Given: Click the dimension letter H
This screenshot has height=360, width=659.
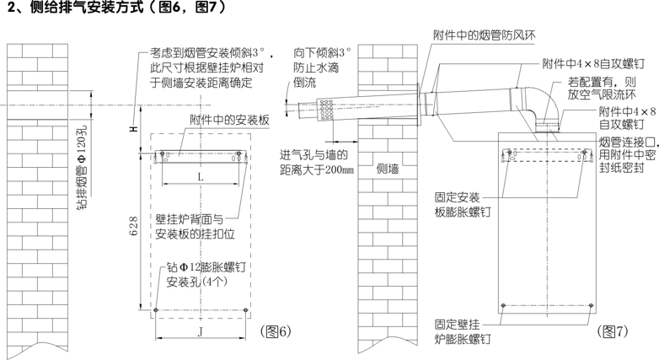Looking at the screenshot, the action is pyautogui.click(x=134, y=128).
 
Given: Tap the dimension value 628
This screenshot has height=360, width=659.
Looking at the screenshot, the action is pyautogui.click(x=134, y=226).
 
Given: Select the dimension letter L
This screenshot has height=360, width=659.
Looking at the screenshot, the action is pyautogui.click(x=201, y=177).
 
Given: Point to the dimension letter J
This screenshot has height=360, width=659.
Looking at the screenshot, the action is pyautogui.click(x=201, y=332).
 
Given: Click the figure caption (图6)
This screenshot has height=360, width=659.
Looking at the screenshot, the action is pyautogui.click(x=276, y=331).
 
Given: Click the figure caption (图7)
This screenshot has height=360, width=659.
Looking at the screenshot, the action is pyautogui.click(x=613, y=331).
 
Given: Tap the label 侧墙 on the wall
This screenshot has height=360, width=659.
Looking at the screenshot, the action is pyautogui.click(x=388, y=169).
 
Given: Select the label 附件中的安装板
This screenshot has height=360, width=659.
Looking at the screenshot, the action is pyautogui.click(x=229, y=121).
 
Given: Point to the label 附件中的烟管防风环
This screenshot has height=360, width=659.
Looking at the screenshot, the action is pyautogui.click(x=485, y=35).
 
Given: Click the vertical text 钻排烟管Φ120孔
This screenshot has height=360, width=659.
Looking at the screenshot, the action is pyautogui.click(x=83, y=167).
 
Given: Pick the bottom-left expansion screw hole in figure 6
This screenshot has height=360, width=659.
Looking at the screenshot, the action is pyautogui.click(x=156, y=310).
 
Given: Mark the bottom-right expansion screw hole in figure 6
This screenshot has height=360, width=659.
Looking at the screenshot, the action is pyautogui.click(x=246, y=310).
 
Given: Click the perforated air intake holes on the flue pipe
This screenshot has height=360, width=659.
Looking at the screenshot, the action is pyautogui.click(x=327, y=110).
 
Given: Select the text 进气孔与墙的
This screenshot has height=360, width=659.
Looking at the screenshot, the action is pyautogui.click(x=314, y=155).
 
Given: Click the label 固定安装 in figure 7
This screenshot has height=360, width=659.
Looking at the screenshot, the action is pyautogui.click(x=457, y=196).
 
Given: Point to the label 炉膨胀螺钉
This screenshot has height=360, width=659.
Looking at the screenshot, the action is pyautogui.click(x=463, y=339).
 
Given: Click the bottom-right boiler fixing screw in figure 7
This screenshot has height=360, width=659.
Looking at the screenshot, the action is pyautogui.click(x=592, y=306).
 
